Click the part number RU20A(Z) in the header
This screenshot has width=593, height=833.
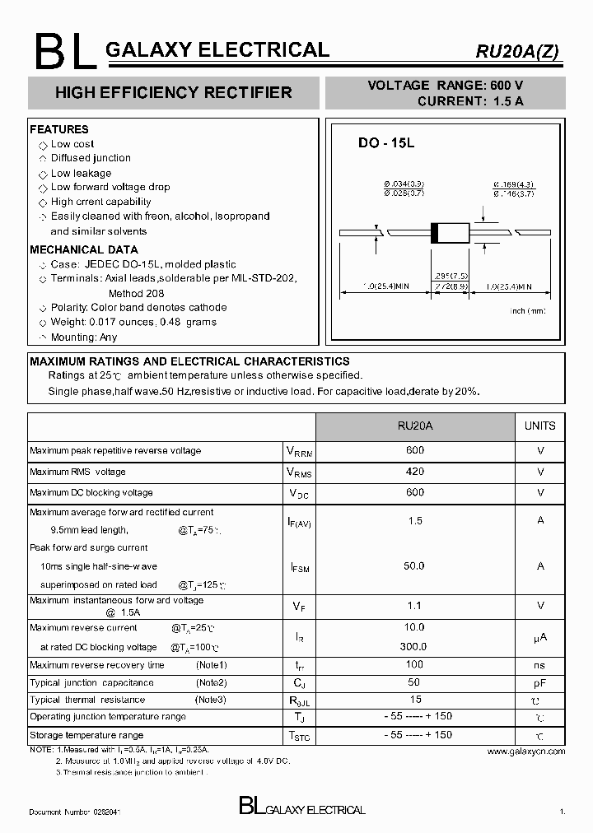tap(516, 51)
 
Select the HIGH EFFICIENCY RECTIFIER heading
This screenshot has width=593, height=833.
tap(173, 93)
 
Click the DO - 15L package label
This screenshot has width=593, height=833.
tap(385, 143)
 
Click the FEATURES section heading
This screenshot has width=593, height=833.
tap(58, 129)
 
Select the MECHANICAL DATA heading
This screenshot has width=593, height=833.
tap(84, 249)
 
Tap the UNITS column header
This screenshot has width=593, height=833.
tap(540, 426)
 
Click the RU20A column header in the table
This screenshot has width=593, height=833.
tap(415, 426)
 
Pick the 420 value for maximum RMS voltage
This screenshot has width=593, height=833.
tap(415, 472)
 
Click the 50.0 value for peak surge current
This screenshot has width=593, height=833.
tap(415, 566)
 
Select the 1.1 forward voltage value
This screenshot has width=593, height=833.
tap(415, 606)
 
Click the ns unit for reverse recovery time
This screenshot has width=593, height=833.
tap(540, 665)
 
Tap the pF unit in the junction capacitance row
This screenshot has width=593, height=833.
tap(540, 682)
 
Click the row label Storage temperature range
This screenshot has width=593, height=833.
tap(86, 735)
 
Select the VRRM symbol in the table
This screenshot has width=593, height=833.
tap(299, 452)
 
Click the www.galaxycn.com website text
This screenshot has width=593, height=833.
tap(525, 752)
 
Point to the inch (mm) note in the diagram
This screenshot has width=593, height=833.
tap(528, 311)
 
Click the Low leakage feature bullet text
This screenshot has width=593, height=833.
tap(81, 173)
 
